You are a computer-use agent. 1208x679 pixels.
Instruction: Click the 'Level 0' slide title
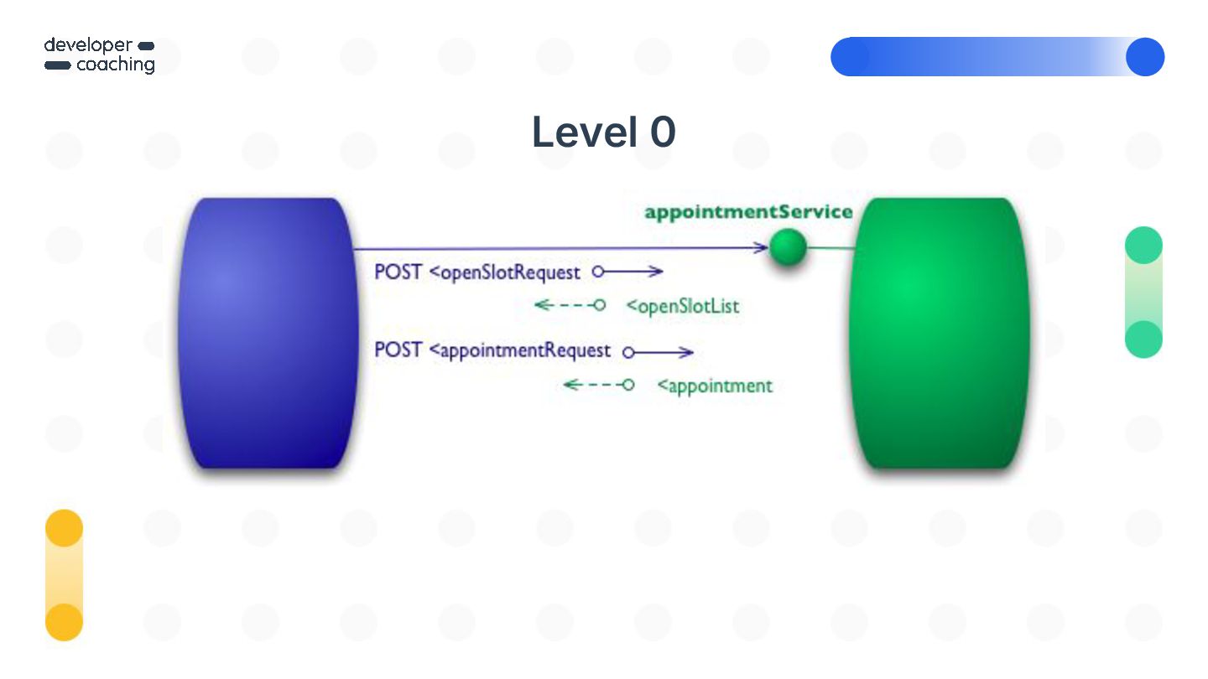[603, 132]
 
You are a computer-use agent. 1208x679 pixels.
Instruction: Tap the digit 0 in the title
[661, 133]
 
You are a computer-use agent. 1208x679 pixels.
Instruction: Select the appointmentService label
[748, 212]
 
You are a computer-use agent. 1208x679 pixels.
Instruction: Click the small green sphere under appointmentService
[788, 248]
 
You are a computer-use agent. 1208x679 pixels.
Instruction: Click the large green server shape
[940, 333]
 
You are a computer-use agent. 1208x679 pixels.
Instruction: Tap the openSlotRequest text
[510, 272]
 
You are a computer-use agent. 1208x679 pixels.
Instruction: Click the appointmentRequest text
[525, 350]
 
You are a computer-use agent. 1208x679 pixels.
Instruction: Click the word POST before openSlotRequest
[398, 272]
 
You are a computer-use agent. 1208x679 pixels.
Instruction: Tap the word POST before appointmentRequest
[398, 350]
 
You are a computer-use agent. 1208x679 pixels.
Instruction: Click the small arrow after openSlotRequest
[628, 272]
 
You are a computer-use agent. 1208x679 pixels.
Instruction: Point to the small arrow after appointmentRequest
[659, 353]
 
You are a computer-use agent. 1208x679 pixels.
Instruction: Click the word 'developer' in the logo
[88, 45]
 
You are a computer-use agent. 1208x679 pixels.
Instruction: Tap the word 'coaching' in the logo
[116, 65]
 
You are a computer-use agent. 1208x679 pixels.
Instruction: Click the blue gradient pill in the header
[997, 57]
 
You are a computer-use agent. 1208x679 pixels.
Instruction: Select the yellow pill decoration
[64, 575]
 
